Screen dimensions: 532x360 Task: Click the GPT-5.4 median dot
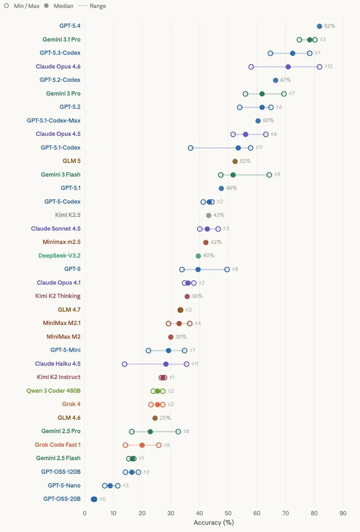[x=319, y=26]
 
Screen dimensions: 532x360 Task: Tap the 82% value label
[x=329, y=26]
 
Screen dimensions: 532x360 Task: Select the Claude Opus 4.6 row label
[x=58, y=66]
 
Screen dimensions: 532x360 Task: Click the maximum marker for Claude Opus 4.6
[x=320, y=66]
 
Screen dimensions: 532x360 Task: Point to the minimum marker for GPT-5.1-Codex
[x=191, y=148]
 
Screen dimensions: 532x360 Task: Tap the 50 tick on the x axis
[x=228, y=513]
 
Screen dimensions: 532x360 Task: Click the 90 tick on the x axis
[x=343, y=513]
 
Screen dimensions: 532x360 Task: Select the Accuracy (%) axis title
[x=214, y=523]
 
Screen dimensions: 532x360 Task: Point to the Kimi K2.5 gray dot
[x=209, y=215]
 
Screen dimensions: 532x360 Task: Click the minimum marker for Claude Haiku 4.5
[x=125, y=364]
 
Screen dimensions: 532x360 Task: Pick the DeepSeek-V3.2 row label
[x=59, y=256]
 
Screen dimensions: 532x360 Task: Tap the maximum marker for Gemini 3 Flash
[x=269, y=175]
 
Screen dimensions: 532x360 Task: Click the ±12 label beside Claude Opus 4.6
[x=328, y=66]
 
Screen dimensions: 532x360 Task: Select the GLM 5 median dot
[x=235, y=161]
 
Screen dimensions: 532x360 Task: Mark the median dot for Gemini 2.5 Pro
[x=150, y=431]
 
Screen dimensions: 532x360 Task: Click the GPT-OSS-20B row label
[x=62, y=499]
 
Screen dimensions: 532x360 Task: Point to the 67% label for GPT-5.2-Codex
[x=286, y=80]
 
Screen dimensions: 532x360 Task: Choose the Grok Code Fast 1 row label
[x=58, y=445]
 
